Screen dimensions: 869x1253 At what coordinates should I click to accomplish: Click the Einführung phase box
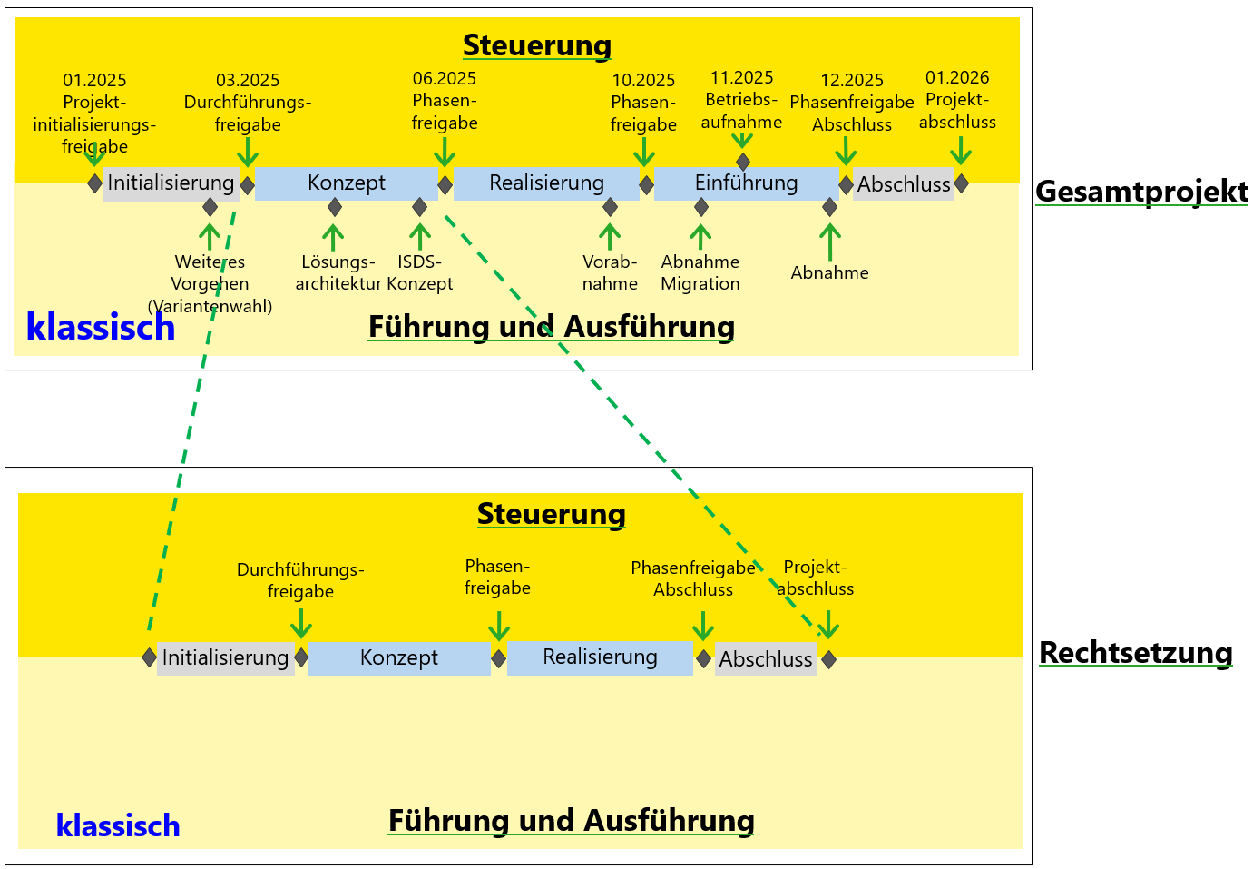pyautogui.click(x=746, y=183)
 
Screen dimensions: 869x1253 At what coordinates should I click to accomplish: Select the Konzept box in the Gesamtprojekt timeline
pyautogui.click(x=346, y=183)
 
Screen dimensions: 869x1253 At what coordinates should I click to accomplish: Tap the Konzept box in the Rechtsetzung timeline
pyautogui.click(x=398, y=658)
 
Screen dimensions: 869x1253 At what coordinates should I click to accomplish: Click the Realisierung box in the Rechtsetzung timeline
pyautogui.click(x=600, y=657)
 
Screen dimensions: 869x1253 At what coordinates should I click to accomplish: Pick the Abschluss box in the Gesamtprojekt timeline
pyautogui.click(x=903, y=184)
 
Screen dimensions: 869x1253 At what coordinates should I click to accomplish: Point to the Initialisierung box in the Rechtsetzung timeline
pyautogui.click(x=225, y=658)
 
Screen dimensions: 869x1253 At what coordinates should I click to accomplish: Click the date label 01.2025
pyautogui.click(x=94, y=81)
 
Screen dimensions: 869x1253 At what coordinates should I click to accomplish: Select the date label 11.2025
pyautogui.click(x=741, y=78)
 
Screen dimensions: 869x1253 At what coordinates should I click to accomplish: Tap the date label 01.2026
pyautogui.click(x=957, y=78)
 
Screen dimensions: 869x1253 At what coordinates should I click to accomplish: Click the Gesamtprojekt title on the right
pyautogui.click(x=1141, y=192)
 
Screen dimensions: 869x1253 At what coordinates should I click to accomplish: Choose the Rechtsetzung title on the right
pyautogui.click(x=1135, y=653)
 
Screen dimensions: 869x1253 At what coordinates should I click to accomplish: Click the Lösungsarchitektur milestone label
pyautogui.click(x=338, y=273)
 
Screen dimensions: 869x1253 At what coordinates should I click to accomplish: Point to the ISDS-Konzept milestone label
pyautogui.click(x=419, y=273)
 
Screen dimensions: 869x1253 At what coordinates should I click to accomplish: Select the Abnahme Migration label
pyautogui.click(x=700, y=273)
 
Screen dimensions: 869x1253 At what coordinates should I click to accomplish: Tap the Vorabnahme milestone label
pyautogui.click(x=610, y=273)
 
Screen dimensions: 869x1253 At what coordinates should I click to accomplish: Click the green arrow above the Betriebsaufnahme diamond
pyautogui.click(x=742, y=141)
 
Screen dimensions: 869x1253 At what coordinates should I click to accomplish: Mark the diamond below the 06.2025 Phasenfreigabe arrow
pyautogui.click(x=445, y=185)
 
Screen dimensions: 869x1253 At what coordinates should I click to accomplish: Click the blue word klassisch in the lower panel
pyautogui.click(x=118, y=826)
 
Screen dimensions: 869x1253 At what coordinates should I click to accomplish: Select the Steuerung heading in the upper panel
pyautogui.click(x=536, y=45)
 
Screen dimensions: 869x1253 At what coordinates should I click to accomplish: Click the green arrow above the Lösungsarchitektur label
pyautogui.click(x=334, y=237)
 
